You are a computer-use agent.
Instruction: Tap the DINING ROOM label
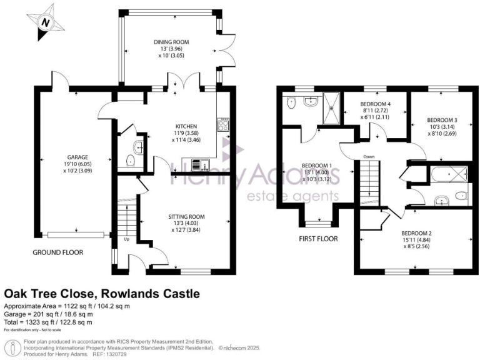click(171, 42)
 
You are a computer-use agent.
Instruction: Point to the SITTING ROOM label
click(188, 217)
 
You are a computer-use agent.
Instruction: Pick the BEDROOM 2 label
click(417, 233)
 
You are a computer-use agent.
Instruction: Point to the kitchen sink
click(197, 165)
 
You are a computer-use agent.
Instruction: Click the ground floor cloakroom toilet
click(131, 161)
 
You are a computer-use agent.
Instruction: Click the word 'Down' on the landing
click(369, 156)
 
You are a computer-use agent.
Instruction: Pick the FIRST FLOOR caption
click(319, 239)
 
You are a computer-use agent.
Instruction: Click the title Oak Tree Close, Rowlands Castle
click(102, 293)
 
